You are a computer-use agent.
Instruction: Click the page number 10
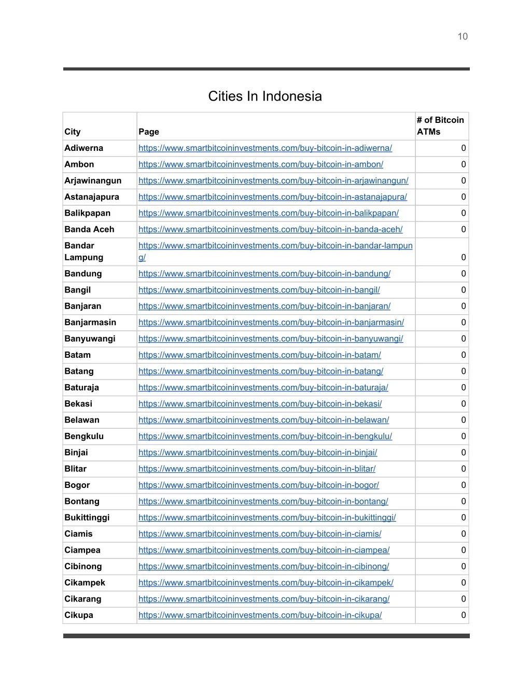[463, 36]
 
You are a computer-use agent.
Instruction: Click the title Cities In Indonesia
[265, 96]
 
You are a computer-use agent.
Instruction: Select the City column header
[73, 132]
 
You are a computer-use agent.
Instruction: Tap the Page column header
[149, 132]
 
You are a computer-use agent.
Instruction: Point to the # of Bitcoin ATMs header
[440, 125]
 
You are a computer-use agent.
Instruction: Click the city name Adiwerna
[84, 148]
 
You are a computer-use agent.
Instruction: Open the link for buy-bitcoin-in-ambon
[261, 164]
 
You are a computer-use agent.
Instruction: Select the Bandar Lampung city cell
[84, 251]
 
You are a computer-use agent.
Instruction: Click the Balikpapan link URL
[269, 213]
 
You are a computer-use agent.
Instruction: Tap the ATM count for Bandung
[464, 274]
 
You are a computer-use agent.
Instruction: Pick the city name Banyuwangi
[90, 339]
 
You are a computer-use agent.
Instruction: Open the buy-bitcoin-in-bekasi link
[260, 404]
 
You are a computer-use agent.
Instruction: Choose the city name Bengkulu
[84, 437]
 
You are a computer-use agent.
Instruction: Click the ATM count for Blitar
[464, 469]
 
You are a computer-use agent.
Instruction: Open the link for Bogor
[259, 485]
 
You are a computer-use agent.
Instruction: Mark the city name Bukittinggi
[87, 517]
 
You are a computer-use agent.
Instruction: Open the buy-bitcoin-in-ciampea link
[264, 550]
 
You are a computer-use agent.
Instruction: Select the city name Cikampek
[85, 583]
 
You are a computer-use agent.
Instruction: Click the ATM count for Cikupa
[464, 615]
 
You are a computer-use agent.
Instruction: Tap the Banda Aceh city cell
[89, 229]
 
